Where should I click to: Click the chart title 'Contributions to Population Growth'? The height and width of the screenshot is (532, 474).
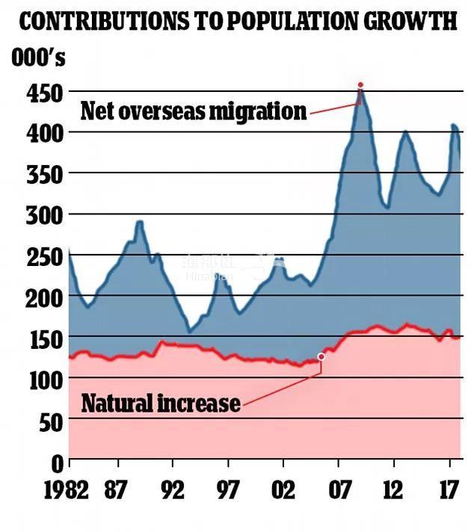237,22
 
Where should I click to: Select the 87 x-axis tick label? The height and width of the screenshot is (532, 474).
116,491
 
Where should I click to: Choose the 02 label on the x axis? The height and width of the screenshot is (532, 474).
283,491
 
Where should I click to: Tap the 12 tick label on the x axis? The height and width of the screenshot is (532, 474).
394,491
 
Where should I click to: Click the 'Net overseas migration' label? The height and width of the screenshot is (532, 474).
194,111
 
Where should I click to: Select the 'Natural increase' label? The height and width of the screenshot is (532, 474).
161,403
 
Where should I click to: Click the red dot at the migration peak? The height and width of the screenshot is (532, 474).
360,85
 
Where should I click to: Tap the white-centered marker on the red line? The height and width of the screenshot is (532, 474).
321,357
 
